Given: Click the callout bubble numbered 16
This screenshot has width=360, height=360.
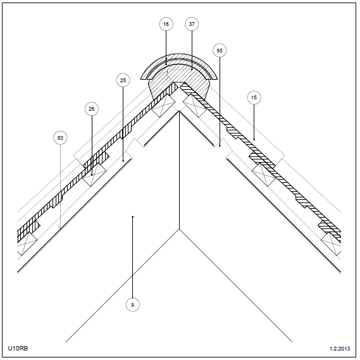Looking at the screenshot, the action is click(x=166, y=24).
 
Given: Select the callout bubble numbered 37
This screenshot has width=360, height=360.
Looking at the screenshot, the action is click(x=192, y=24).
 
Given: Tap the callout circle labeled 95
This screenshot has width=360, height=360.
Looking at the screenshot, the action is click(x=220, y=51).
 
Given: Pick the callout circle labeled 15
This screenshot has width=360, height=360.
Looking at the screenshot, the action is click(x=254, y=97).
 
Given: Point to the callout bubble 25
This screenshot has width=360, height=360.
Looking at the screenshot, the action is click(x=123, y=80).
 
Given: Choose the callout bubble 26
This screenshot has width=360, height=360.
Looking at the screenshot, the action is click(x=92, y=109).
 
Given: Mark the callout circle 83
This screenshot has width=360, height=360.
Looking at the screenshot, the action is click(x=60, y=138).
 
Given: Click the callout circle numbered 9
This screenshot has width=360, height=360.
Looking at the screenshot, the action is click(x=132, y=305).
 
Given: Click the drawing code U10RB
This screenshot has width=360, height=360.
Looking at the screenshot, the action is click(x=18, y=348).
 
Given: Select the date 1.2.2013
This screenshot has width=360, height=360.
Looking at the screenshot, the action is click(x=340, y=349).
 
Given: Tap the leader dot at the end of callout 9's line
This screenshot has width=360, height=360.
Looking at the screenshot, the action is click(x=132, y=216).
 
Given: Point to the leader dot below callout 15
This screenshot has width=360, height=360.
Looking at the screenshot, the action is click(x=254, y=139).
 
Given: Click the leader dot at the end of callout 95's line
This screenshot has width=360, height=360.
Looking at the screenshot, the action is click(x=220, y=146).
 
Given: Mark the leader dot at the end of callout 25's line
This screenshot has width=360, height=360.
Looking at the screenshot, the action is click(x=123, y=161).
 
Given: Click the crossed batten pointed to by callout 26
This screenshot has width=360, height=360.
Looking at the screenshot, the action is click(x=94, y=175).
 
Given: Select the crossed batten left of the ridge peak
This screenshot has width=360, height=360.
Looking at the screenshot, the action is click(x=163, y=106).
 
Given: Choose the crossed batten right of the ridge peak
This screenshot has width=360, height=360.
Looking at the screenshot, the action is click(x=195, y=106).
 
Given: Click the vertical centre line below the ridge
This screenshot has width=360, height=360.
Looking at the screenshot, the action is click(x=179, y=170).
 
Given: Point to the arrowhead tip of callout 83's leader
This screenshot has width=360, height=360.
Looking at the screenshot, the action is click(x=60, y=229).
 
